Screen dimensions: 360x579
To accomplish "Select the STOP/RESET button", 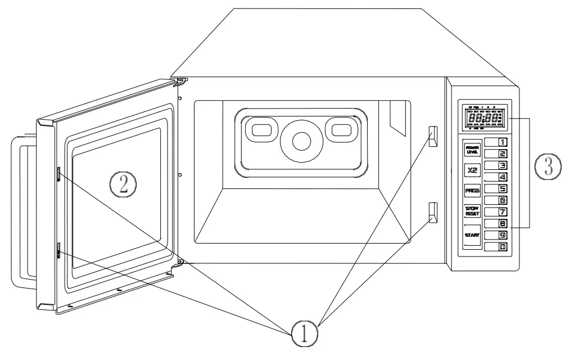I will click(x=471, y=211).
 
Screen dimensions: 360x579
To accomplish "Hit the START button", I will click(x=471, y=235).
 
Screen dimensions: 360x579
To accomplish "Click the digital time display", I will click(x=482, y=119).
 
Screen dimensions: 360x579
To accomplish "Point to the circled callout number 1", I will click(x=304, y=334).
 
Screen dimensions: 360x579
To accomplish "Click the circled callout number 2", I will click(x=123, y=183).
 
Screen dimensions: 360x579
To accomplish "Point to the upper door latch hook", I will click(x=58, y=174).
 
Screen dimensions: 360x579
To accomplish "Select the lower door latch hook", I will click(x=58, y=250).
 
